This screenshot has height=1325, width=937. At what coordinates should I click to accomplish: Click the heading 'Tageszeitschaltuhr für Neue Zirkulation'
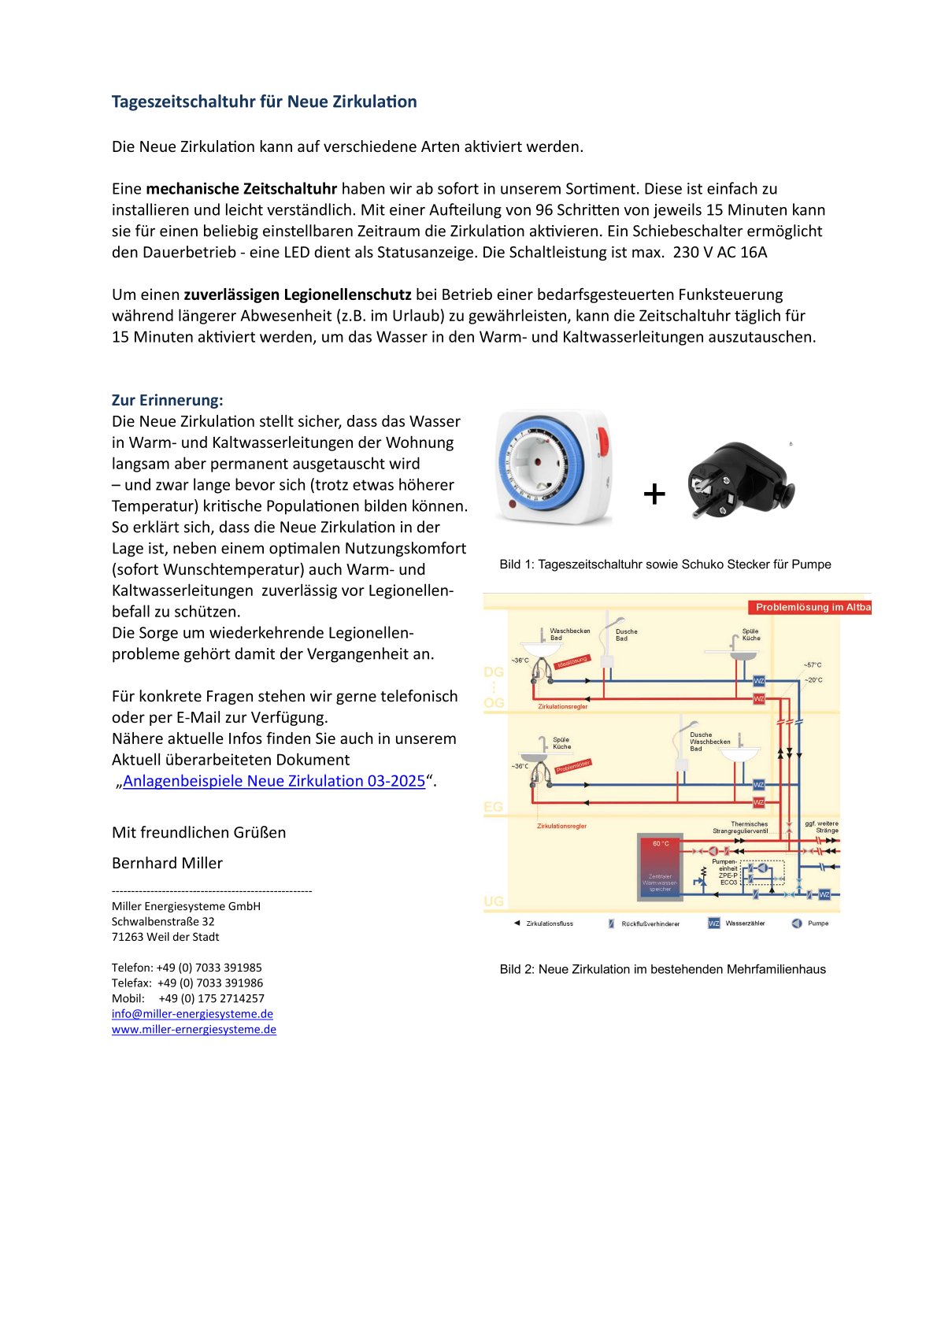coord(264,102)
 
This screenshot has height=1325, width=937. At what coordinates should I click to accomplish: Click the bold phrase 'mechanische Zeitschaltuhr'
coord(241,189)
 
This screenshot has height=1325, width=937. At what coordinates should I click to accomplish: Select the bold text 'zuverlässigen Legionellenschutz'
coord(297,295)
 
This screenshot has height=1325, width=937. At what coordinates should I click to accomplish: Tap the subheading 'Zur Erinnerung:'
coord(167,400)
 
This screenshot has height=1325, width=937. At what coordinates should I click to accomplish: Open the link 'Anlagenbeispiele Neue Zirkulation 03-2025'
coord(273,781)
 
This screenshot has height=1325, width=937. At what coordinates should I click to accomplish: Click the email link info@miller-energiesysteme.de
coord(192,1014)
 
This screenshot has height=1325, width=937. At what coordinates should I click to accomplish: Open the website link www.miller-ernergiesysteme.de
coord(194,1030)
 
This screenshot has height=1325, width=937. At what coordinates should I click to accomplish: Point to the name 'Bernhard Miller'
coord(167,863)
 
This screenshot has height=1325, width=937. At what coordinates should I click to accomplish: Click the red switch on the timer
coord(602,442)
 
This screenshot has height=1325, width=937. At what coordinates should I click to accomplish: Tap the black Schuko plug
coord(740,479)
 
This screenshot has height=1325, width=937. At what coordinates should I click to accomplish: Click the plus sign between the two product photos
coord(654,494)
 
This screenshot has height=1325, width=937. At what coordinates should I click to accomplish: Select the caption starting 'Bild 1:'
coord(665,564)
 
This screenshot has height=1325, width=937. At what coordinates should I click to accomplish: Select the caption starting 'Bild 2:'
coord(662,970)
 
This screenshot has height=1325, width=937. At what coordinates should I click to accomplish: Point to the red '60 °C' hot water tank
coord(660,866)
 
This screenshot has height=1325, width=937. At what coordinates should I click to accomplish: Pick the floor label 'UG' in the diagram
coord(494,901)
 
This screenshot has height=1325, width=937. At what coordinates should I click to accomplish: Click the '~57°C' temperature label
coord(813,665)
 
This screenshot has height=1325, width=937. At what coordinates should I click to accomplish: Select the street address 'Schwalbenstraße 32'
coord(163,922)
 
